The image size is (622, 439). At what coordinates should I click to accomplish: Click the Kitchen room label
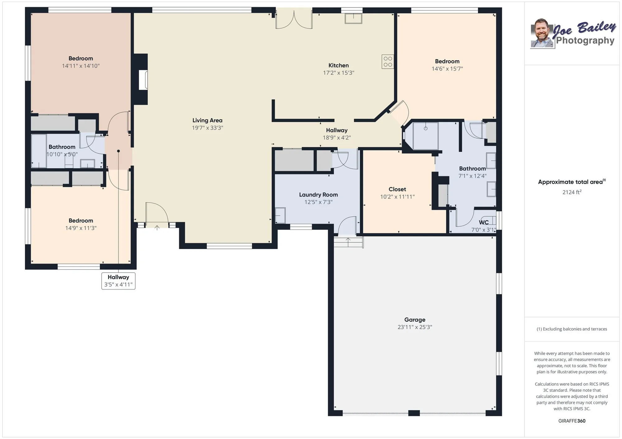(338, 66)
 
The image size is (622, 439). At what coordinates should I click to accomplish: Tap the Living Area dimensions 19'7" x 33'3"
(207, 128)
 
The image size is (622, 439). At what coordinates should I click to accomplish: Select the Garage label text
(415, 320)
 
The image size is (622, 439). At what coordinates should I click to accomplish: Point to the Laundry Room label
(318, 195)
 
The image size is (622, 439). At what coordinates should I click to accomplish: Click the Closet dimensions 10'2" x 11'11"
(397, 197)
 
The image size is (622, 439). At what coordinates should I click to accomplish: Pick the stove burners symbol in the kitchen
(388, 61)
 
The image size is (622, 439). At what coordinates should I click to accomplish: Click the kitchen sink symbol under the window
(353, 19)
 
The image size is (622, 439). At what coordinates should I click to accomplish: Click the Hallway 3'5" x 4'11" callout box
(118, 281)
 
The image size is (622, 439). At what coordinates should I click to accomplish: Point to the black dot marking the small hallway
(118, 151)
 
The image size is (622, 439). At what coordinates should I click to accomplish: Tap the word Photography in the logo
(585, 41)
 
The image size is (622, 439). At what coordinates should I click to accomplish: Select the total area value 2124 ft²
(572, 192)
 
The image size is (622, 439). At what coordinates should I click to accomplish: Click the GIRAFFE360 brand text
(572, 421)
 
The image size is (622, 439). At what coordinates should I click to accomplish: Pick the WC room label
(484, 222)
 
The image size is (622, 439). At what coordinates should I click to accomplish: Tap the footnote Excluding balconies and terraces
(572, 329)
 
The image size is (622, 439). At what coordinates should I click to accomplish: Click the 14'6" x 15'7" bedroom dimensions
(447, 69)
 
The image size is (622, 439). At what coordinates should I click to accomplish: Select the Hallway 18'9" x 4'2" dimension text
(337, 138)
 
